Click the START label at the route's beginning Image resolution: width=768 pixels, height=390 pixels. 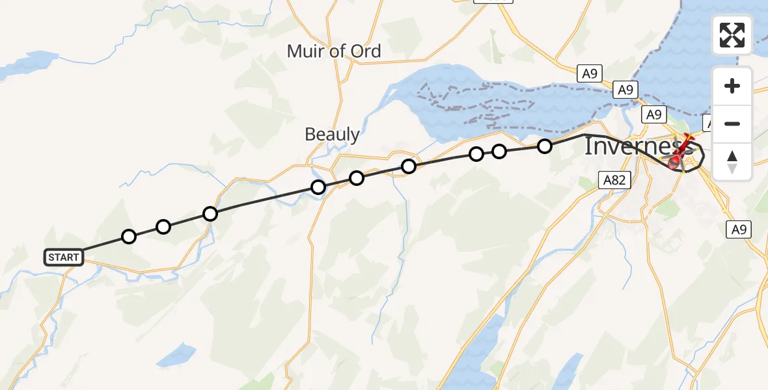(x=64, y=257)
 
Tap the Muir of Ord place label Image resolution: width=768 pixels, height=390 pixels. (x=334, y=51)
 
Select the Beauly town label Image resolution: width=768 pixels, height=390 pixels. (x=332, y=135)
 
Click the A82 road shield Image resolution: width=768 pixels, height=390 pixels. (x=614, y=180)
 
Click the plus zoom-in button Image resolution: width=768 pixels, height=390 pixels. (x=732, y=86)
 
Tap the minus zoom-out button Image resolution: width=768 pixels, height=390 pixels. (x=732, y=123)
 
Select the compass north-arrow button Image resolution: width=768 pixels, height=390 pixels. (x=732, y=162)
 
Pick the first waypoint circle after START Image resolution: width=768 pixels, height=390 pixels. (x=129, y=237)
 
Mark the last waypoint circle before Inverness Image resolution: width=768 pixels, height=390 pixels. (x=545, y=146)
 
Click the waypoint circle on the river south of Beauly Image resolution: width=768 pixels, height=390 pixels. (x=318, y=188)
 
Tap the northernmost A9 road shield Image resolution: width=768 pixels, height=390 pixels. (x=589, y=73)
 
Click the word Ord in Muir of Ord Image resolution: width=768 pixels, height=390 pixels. (x=364, y=51)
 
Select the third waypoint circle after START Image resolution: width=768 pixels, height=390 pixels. (x=210, y=214)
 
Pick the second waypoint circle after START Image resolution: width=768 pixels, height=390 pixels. (x=163, y=227)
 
